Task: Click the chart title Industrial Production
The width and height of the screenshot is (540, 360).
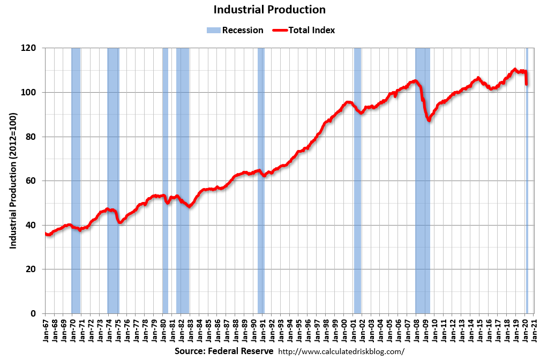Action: tap(269, 10)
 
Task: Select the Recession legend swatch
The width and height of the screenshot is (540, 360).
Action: tap(214, 31)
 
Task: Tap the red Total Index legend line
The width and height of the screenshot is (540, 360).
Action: tap(280, 31)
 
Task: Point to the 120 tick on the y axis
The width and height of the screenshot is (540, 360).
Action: tap(28, 48)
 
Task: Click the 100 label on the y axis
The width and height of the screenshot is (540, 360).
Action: tap(28, 92)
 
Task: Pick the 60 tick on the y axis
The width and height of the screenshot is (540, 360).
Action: tap(31, 181)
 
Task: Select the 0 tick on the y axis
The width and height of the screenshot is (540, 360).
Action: tap(33, 313)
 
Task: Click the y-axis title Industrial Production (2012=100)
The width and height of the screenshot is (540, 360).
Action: tap(13, 181)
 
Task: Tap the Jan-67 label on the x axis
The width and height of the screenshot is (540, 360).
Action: tap(46, 332)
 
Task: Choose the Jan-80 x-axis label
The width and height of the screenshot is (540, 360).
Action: tap(163, 332)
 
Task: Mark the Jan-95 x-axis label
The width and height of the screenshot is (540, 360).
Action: tap(298, 332)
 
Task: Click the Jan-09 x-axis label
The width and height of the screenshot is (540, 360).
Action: tap(425, 332)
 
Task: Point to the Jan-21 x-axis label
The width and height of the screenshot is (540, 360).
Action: tap(534, 332)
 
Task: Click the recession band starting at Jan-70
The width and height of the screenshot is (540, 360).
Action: tap(76, 181)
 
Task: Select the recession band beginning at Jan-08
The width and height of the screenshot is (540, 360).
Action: tap(423, 181)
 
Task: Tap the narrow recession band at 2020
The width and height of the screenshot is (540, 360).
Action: tap(527, 181)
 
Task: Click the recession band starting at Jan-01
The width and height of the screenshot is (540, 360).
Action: tap(357, 181)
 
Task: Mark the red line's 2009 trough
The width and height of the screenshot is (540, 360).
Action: tap(429, 120)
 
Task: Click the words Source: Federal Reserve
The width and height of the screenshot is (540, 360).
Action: tap(224, 351)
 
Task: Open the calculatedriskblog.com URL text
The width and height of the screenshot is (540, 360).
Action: tap(341, 351)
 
